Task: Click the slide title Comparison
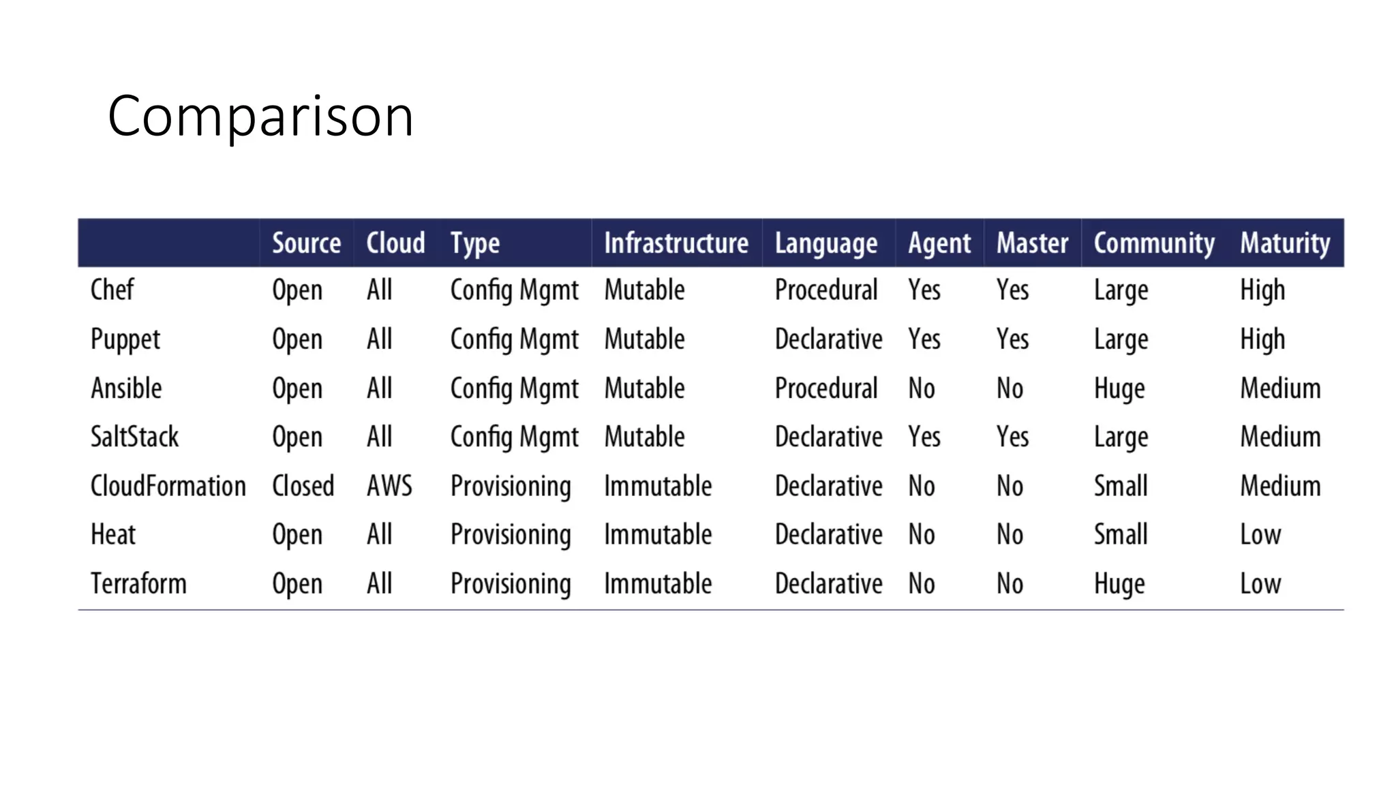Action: tap(260, 117)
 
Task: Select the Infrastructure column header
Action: tap(676, 243)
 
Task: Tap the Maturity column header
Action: tap(1284, 243)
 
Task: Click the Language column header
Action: tap(825, 243)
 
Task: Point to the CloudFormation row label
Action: tap(168, 487)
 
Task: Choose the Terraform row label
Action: tap(138, 584)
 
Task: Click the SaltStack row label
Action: tap(134, 437)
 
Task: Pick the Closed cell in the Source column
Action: tap(303, 487)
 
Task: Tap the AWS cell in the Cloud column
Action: tap(389, 487)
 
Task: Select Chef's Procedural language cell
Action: tap(825, 290)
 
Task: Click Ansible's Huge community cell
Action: tap(1119, 389)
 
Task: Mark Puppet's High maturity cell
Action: tap(1262, 339)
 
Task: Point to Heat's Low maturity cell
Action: tap(1260, 535)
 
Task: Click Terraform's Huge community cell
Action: tap(1119, 584)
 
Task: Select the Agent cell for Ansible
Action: tap(921, 389)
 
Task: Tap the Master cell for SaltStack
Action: tap(1012, 437)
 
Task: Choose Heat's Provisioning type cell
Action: tap(511, 535)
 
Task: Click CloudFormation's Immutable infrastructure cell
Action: tap(657, 487)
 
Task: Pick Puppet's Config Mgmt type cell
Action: tap(514, 339)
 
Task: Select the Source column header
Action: tap(306, 243)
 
